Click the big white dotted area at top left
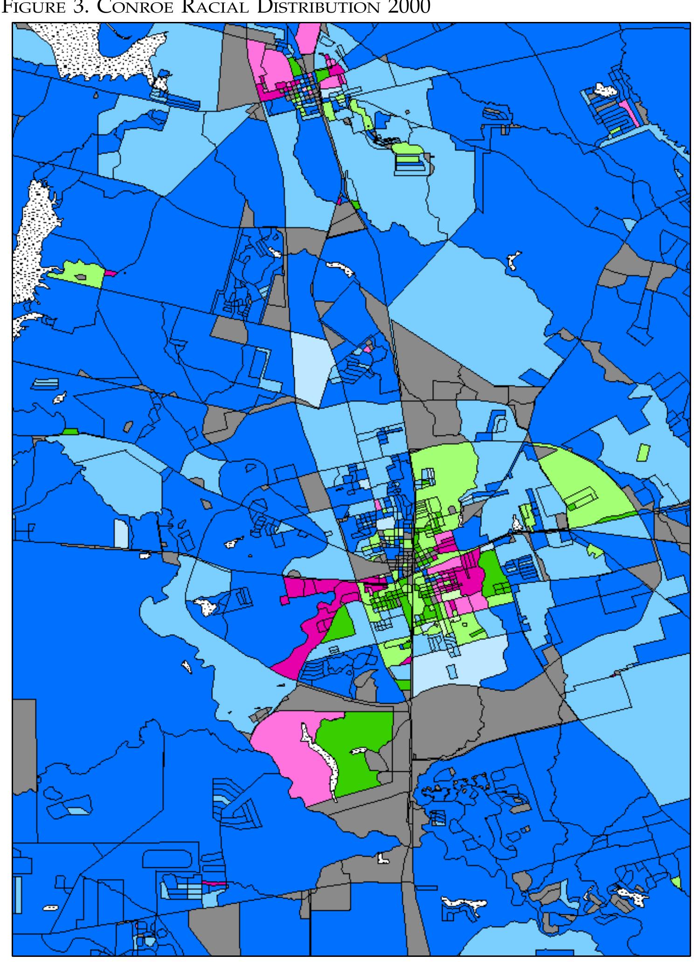(103, 51)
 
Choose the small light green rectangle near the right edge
(643, 452)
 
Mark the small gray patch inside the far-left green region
(81, 277)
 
